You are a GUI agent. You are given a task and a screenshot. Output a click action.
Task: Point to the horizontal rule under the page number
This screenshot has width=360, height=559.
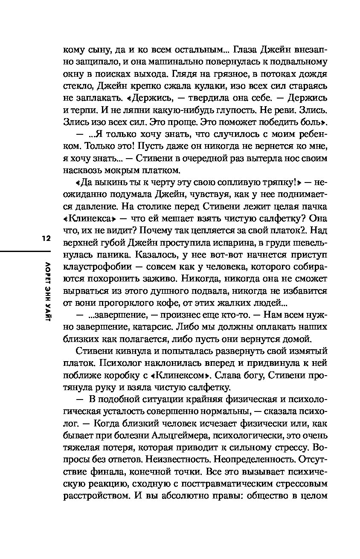tap(26, 251)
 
